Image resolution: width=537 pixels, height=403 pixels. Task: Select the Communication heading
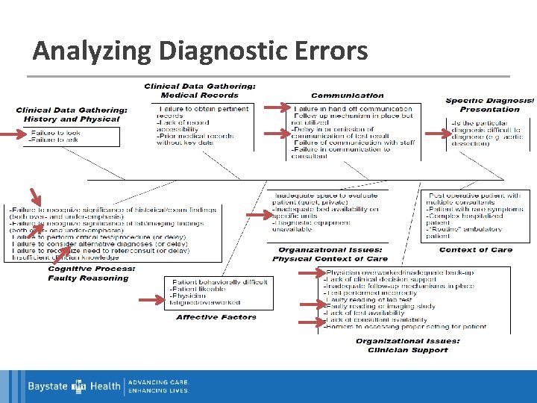pyautogui.click(x=348, y=96)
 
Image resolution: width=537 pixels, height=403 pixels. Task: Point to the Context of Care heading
pyautogui.click(x=476, y=250)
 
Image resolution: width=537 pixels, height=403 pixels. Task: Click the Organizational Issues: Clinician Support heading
pyautogui.click(x=407, y=346)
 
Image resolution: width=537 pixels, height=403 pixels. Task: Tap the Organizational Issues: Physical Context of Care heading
pyautogui.click(x=330, y=254)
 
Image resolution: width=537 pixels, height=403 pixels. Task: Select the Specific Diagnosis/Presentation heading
pyautogui.click(x=489, y=104)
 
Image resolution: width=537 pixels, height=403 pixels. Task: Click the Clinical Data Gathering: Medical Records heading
pyautogui.click(x=200, y=90)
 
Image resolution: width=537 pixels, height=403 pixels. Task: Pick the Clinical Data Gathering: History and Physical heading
pyautogui.click(x=72, y=114)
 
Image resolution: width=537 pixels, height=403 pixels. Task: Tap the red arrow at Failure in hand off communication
pyautogui.click(x=278, y=109)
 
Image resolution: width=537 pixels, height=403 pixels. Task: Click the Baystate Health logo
pyautogui.click(x=75, y=387)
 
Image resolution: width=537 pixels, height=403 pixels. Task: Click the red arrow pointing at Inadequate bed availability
pyautogui.click(x=259, y=215)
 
